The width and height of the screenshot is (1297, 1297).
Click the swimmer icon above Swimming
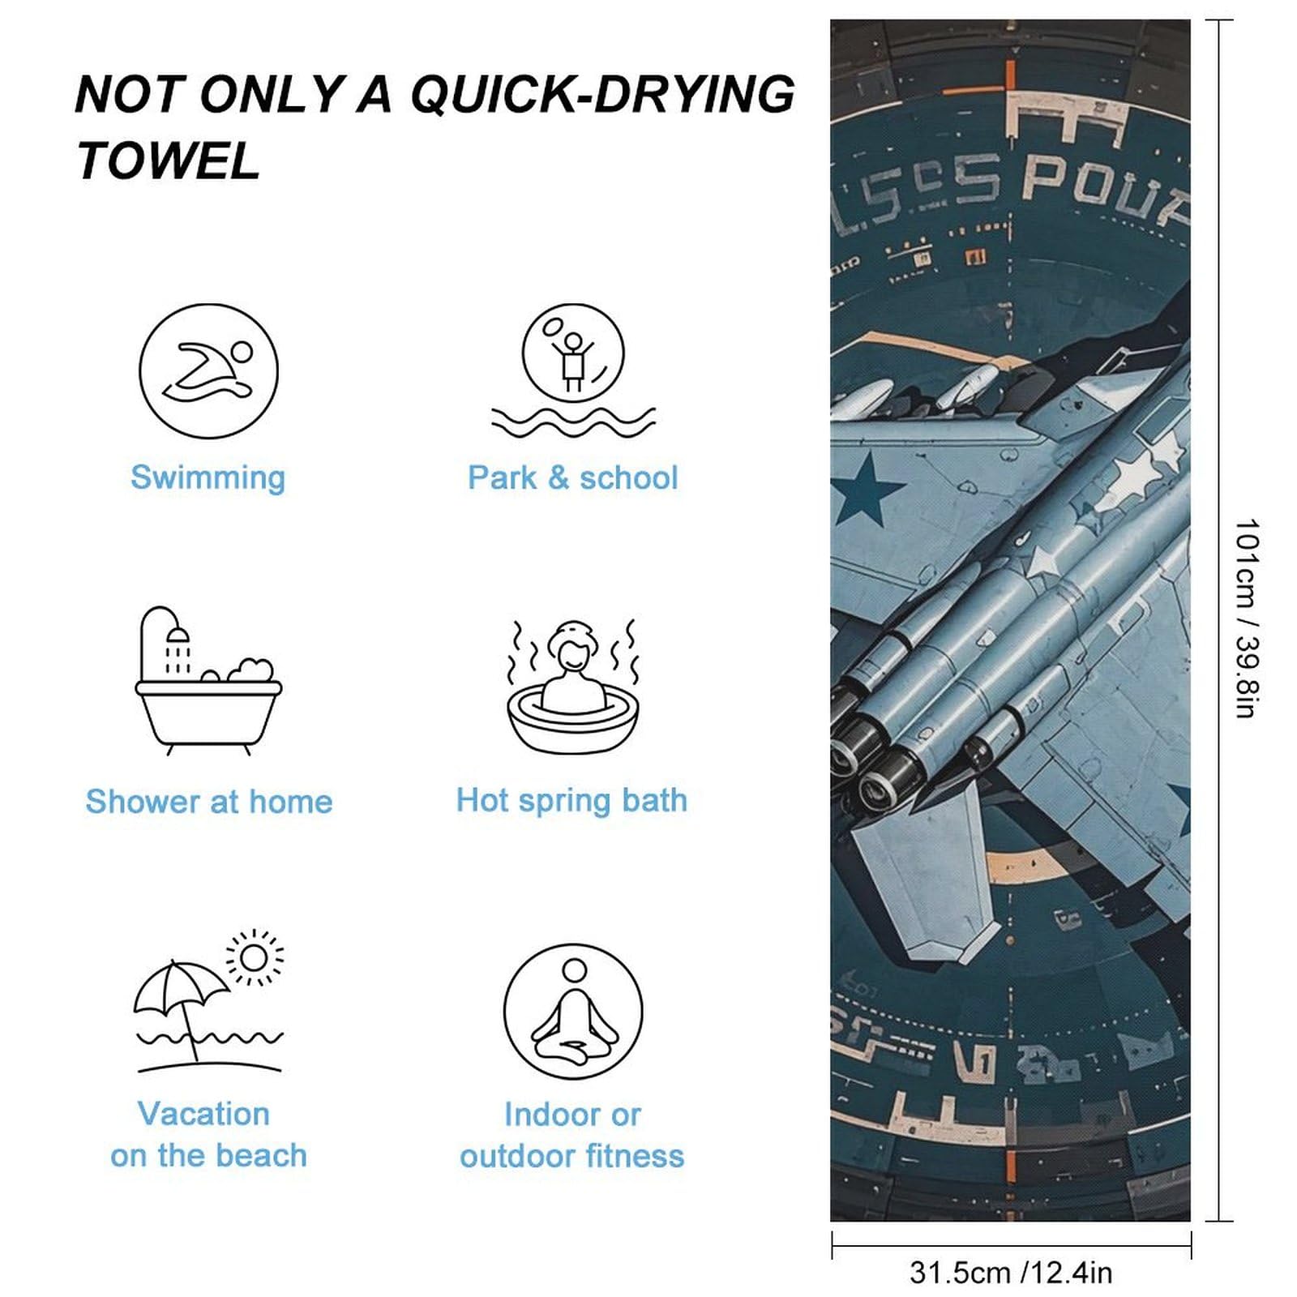[x=208, y=371]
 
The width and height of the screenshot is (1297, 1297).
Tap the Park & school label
[x=572, y=477]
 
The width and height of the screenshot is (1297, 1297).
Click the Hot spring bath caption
[x=571, y=800]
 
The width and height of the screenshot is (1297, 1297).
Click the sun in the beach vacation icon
[x=255, y=958]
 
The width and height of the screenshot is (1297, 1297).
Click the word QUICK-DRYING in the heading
[x=602, y=94]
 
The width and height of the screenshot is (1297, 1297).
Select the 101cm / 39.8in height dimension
[x=1246, y=618]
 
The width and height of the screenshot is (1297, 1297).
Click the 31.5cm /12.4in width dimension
[x=1011, y=1273]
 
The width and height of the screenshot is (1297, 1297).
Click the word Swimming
[x=208, y=477]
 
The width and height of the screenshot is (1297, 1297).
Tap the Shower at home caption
[x=209, y=802]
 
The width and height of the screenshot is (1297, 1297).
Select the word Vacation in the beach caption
[x=203, y=1114]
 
